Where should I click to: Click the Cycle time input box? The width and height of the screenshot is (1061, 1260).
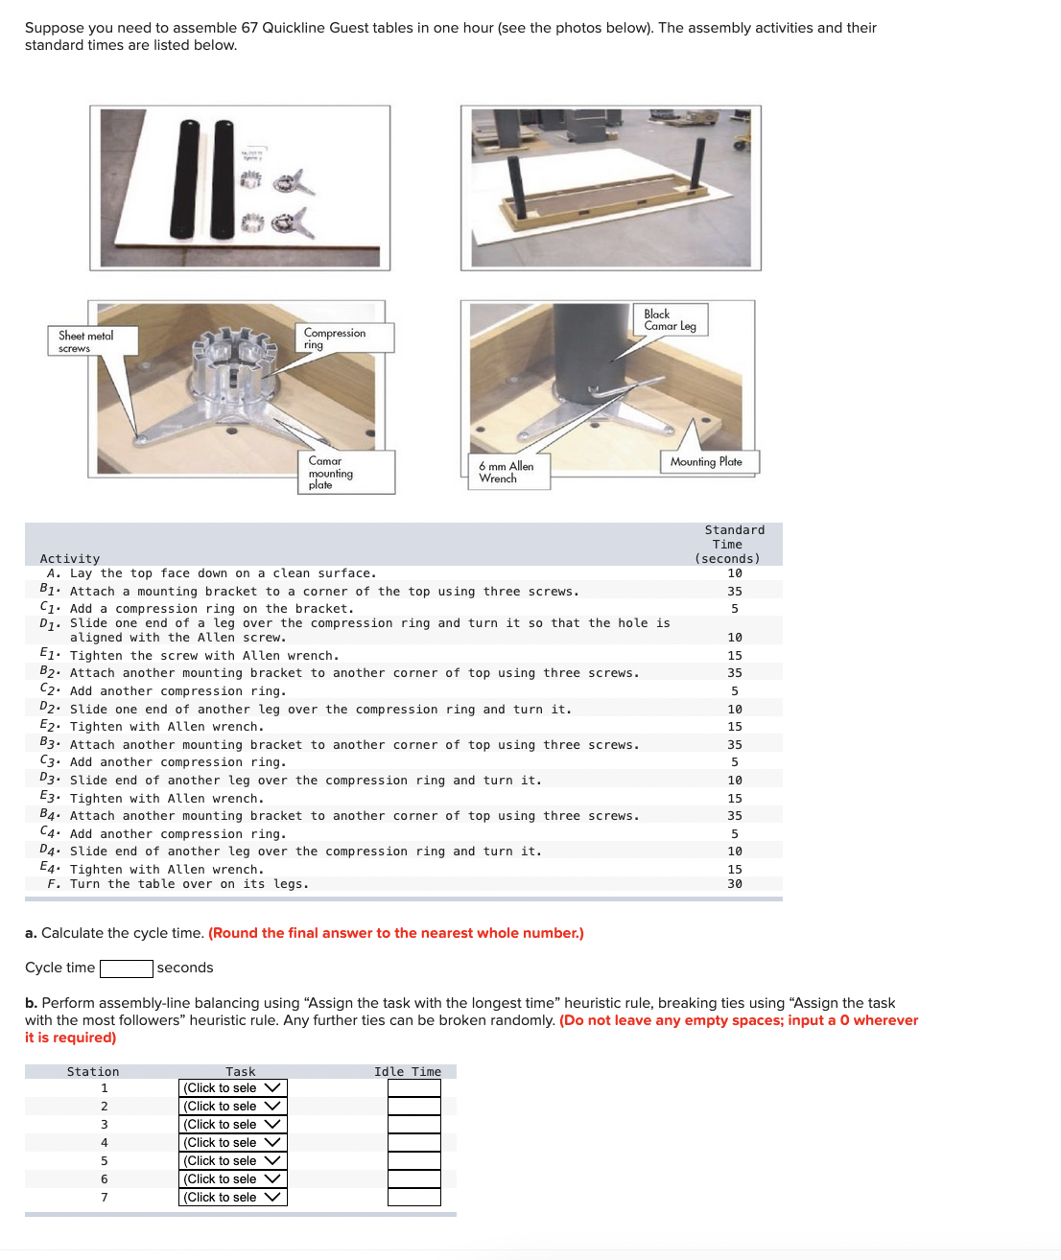126,968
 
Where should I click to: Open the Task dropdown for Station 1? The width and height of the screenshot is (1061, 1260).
232,1088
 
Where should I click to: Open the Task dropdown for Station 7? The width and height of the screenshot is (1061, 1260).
232,1198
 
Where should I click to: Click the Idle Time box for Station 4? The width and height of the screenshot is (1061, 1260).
413,1143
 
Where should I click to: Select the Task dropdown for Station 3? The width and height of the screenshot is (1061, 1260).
232,1125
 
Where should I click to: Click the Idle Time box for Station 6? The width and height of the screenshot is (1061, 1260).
413,1179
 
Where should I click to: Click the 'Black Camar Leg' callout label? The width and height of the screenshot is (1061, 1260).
670,320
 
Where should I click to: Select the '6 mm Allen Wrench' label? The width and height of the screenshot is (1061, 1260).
507,472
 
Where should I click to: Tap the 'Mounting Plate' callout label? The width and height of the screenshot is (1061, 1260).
706,462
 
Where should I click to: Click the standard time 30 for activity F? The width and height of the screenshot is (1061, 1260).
734,884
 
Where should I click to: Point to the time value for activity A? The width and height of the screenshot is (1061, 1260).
734,573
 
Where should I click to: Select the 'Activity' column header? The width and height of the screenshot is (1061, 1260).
70,559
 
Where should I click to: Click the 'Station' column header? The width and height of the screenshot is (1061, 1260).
93,1072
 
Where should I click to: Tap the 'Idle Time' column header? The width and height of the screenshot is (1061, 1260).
408,1072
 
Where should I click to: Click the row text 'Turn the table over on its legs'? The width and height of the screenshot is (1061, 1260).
189,884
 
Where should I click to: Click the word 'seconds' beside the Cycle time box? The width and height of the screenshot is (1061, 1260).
185,968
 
